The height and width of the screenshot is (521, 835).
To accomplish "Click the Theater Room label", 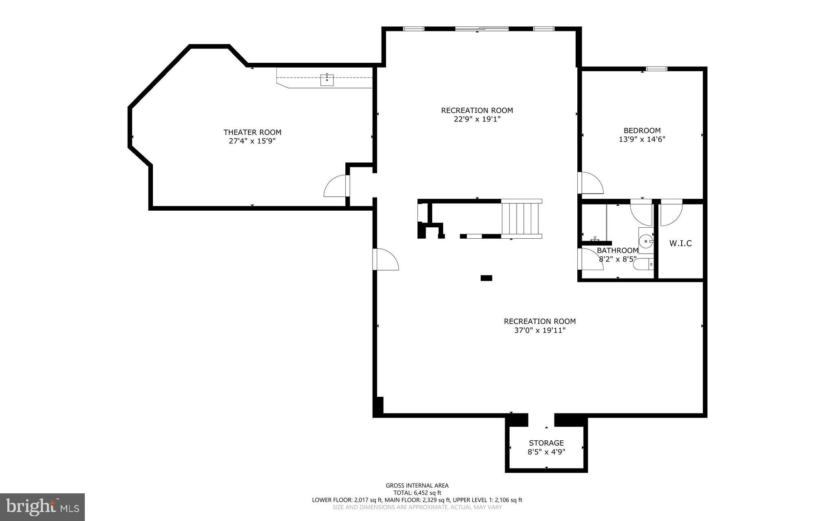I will click(x=252, y=132).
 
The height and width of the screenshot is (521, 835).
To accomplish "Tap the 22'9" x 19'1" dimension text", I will click(x=477, y=119).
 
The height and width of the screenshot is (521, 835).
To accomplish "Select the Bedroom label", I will click(x=642, y=131).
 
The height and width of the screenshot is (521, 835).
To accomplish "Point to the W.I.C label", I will click(x=680, y=244).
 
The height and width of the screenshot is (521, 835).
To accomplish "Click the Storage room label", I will click(x=546, y=443).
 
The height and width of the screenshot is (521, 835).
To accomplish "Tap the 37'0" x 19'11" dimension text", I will click(x=540, y=330).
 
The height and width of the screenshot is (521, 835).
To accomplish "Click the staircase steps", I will click(x=521, y=219).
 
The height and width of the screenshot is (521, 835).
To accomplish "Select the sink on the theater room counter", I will click(x=327, y=80).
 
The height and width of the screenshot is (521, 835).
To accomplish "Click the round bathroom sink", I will click(x=646, y=241).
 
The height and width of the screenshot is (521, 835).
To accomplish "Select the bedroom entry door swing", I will click(x=591, y=183).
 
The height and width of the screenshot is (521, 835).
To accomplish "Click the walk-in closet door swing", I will click(x=671, y=213).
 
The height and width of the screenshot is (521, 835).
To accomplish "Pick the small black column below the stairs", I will click(x=486, y=278).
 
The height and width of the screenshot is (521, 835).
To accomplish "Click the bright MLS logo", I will click(x=42, y=507).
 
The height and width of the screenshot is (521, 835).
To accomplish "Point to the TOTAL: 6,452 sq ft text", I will click(x=417, y=492).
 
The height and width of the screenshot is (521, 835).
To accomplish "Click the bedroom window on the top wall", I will click(x=656, y=69).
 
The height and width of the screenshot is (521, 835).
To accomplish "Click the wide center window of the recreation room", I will click(x=482, y=29).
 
